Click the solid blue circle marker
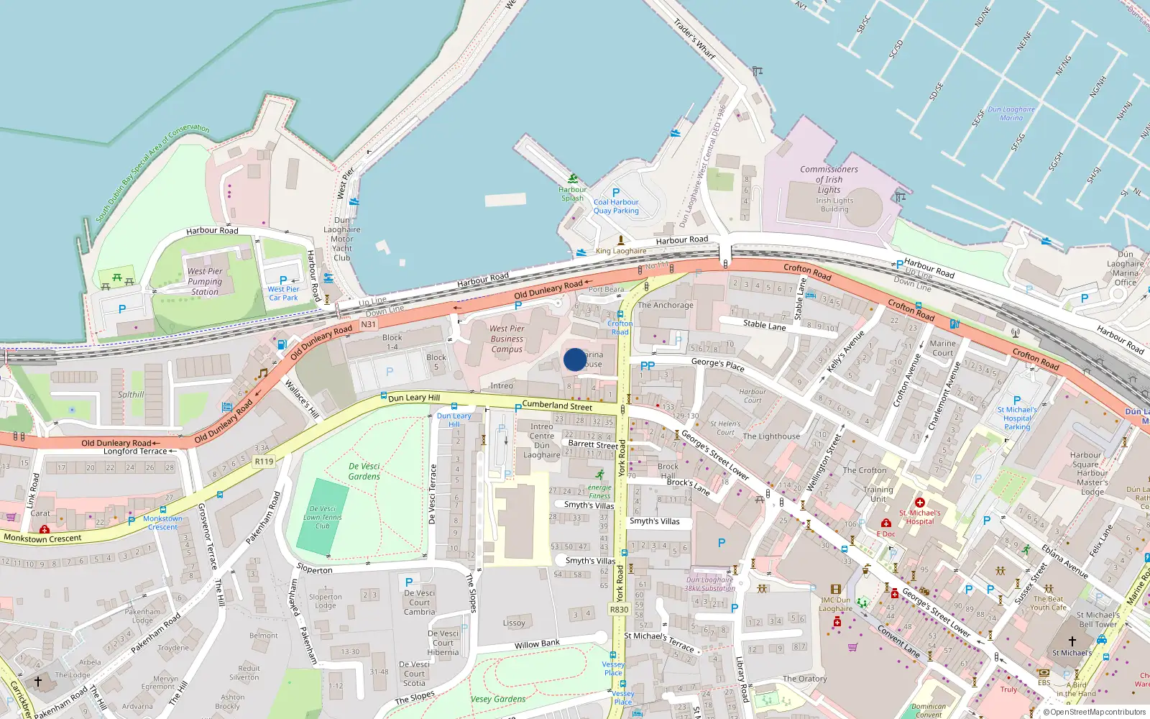click(x=575, y=359)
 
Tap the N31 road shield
click(x=368, y=324)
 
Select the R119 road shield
click(x=264, y=462)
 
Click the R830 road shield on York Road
click(x=619, y=610)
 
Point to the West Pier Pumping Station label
click(x=205, y=282)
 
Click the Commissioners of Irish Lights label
click(x=829, y=179)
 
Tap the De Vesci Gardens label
click(x=364, y=471)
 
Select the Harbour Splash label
click(x=573, y=193)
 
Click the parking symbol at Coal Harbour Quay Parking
click(x=615, y=193)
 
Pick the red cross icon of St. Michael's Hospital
click(x=919, y=503)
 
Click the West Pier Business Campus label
click(x=507, y=339)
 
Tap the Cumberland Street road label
click(x=557, y=406)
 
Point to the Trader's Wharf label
click(x=694, y=39)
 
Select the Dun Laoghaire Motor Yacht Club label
click(x=342, y=239)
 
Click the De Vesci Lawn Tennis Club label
click(x=322, y=517)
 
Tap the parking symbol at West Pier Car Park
click(x=283, y=280)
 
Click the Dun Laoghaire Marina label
click(x=1011, y=114)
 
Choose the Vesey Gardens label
click(x=498, y=699)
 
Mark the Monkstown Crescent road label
click(x=42, y=538)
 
